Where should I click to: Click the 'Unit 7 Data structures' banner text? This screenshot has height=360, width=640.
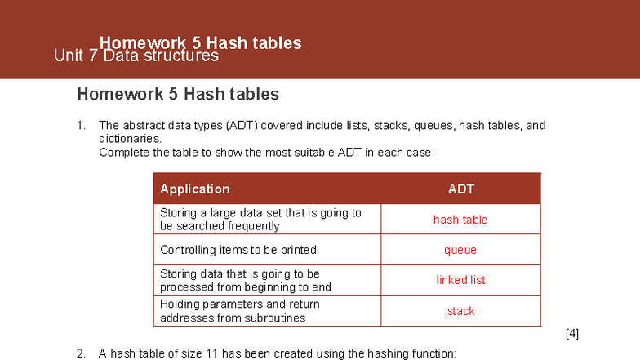[136, 56]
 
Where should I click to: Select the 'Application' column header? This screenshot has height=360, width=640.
[194, 189]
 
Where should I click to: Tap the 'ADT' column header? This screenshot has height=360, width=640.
[460, 189]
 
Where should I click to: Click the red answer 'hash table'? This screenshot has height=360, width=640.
[460, 219]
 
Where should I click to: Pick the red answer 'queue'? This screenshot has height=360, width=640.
[460, 250]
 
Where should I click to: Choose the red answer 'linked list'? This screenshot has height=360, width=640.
[460, 280]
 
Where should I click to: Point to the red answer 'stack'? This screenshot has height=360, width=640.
[460, 311]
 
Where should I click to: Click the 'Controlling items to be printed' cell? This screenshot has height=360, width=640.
[238, 250]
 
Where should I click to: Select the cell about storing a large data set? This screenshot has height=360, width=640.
[260, 219]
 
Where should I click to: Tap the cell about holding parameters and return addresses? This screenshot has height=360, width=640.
[240, 311]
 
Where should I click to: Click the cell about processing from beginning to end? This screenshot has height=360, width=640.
[245, 280]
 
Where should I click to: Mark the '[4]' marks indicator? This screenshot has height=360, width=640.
[571, 334]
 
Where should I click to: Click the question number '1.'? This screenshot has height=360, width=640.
[82, 126]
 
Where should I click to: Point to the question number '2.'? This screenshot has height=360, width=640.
[82, 353]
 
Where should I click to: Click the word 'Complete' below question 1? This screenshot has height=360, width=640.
[123, 152]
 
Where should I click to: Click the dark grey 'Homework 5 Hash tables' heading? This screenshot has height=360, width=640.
[178, 94]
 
